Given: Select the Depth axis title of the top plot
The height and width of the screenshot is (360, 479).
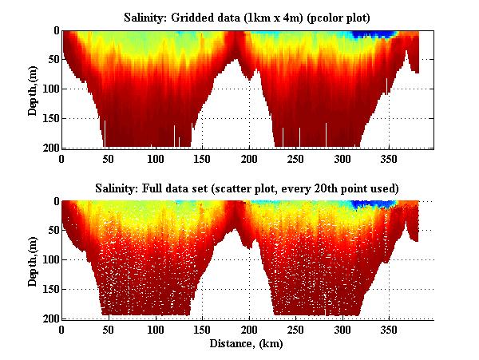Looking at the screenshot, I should point(33,89).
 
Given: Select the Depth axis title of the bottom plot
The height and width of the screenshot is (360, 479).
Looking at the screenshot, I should point(33,259).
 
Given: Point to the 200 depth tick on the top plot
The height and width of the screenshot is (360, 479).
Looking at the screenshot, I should point(49,148).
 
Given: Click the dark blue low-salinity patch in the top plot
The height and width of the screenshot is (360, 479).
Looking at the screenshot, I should point(376,34).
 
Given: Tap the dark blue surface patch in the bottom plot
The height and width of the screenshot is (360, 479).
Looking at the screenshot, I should point(375,204).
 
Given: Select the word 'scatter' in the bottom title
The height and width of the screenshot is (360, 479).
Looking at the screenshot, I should point(286,188).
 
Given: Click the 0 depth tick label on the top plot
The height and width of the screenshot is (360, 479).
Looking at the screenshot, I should point(54,30).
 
